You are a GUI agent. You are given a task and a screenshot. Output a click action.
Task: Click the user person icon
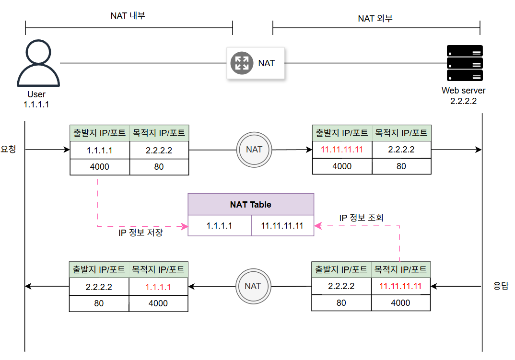38,63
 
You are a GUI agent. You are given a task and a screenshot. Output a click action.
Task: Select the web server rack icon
464,63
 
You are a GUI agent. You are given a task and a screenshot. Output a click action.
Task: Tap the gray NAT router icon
241,63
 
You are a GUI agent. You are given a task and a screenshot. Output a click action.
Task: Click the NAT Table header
250,205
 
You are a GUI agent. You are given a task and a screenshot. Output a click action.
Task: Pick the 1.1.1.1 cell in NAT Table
219,226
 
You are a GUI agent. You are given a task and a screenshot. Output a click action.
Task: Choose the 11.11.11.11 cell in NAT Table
282,226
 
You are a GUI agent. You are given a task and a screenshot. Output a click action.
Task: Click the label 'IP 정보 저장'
140,233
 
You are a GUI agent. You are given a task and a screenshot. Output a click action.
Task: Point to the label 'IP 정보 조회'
362,218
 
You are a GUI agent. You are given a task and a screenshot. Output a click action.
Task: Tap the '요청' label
9,150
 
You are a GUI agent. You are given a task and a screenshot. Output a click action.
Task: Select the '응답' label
501,286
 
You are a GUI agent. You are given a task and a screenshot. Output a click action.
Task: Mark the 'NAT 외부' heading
375,19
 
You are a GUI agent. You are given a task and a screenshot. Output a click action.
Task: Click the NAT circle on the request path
254,150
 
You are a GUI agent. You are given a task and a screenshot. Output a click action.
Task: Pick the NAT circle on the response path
253,286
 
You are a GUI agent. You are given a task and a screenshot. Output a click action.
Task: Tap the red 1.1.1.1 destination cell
158,288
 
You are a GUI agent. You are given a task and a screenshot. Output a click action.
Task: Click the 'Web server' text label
463,90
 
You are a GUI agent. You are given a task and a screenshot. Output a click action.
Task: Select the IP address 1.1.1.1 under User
36,104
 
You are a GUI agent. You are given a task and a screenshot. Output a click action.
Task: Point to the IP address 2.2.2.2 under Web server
463,101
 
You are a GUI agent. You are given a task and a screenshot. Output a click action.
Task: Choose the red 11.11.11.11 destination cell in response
400,287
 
